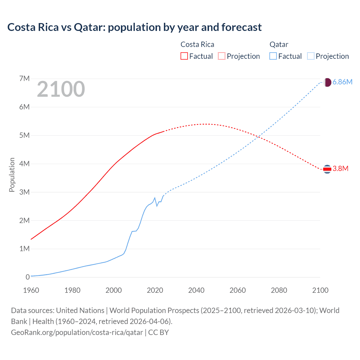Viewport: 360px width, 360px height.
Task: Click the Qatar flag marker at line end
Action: tap(327, 82)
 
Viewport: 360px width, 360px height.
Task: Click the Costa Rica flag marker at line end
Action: tap(327, 169)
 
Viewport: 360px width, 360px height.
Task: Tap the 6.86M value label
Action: tap(342, 82)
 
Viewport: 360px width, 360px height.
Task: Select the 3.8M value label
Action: tap(340, 169)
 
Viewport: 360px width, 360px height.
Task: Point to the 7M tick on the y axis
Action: tap(24, 78)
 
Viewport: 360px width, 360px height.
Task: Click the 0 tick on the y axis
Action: tap(27, 277)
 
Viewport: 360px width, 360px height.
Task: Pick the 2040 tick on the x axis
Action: tap(196, 290)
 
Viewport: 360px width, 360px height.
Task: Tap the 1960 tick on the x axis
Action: tap(31, 290)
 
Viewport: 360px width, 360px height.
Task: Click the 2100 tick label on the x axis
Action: tap(320, 290)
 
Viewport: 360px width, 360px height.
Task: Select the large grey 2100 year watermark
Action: tap(61, 89)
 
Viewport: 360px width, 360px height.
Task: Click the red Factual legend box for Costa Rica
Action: tap(184, 56)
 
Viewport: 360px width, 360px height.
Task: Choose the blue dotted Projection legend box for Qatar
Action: tap(310, 56)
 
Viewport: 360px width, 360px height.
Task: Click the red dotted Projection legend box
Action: tap(222, 56)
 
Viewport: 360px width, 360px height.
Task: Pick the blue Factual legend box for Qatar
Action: tap(273, 56)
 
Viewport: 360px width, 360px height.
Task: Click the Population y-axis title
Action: tap(12, 175)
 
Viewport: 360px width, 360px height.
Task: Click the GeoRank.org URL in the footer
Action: tap(77, 332)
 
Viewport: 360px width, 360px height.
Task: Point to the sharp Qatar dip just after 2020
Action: tap(157, 206)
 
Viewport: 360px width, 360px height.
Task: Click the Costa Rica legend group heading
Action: tap(197, 44)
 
